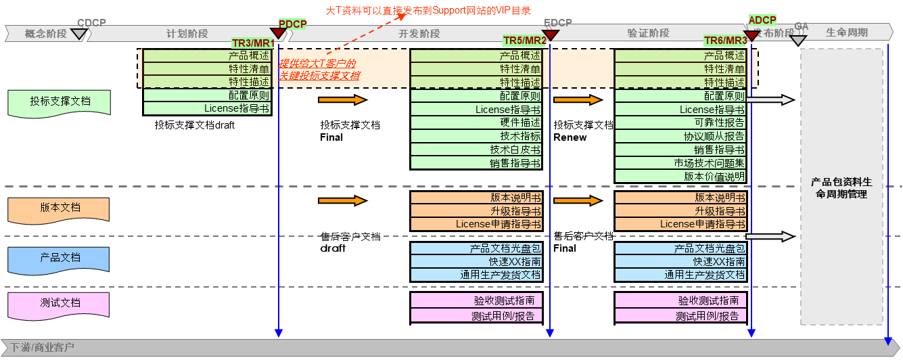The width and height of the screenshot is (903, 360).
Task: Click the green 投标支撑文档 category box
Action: pyautogui.click(x=60, y=102)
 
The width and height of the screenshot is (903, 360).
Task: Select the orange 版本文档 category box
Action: pyautogui.click(x=60, y=208)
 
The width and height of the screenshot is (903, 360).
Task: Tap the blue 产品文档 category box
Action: pyautogui.click(x=60, y=258)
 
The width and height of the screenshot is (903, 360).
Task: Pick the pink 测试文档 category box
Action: pyautogui.click(x=60, y=304)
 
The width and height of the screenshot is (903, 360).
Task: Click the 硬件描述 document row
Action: pyautogui.click(x=476, y=122)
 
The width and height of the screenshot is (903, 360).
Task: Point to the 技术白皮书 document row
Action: pyautogui.click(x=476, y=150)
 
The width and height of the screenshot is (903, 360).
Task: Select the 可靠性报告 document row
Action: pyautogui.click(x=680, y=122)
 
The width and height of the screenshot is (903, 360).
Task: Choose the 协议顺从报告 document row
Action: pyautogui.click(x=680, y=136)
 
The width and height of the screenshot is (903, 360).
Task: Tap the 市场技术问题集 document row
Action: pyautogui.click(x=680, y=163)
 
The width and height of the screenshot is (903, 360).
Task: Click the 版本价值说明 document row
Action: pyautogui.click(x=680, y=177)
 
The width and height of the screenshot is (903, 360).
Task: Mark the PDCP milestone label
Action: pyautogui.click(x=292, y=24)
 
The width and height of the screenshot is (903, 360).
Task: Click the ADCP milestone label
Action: pyautogui.click(x=762, y=20)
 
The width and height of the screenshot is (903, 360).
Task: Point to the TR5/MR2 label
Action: pyautogui.click(x=525, y=41)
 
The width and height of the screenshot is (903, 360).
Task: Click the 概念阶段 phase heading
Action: pyautogui.click(x=45, y=33)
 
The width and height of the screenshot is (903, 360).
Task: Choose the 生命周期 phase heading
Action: pyautogui.click(x=847, y=32)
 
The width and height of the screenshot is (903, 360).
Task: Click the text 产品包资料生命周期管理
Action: pyautogui.click(x=841, y=188)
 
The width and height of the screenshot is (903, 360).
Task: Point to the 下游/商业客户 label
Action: pyautogui.click(x=42, y=348)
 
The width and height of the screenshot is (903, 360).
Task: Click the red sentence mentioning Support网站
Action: pyautogui.click(x=428, y=10)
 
